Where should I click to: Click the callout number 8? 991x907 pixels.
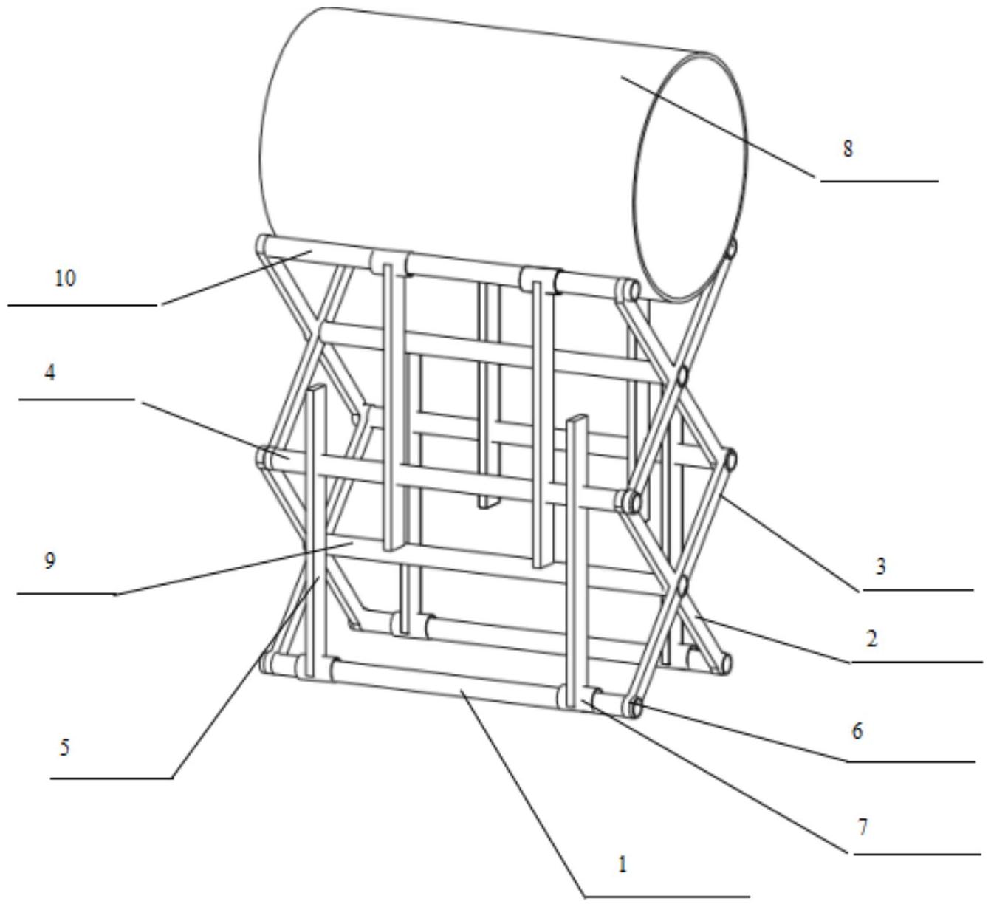pyautogui.click(x=848, y=148)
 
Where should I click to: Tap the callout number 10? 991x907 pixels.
pyautogui.click(x=65, y=279)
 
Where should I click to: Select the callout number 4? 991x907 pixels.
pyautogui.click(x=49, y=373)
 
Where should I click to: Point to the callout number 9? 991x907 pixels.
pyautogui.click(x=49, y=561)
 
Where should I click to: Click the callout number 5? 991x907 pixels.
pyautogui.click(x=65, y=747)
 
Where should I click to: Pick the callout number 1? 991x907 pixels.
pyautogui.click(x=623, y=864)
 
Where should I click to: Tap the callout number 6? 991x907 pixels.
pyautogui.click(x=857, y=731)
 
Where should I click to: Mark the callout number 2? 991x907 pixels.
pyautogui.click(x=871, y=638)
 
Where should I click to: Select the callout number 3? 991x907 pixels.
pyautogui.click(x=880, y=567)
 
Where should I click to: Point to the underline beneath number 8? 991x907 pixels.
pyautogui.click(x=879, y=180)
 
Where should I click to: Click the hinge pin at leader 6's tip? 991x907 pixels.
pyautogui.click(x=635, y=708)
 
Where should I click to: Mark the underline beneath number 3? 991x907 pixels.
pyautogui.click(x=917, y=591)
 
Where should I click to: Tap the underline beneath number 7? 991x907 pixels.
pyautogui.click(x=917, y=855)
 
